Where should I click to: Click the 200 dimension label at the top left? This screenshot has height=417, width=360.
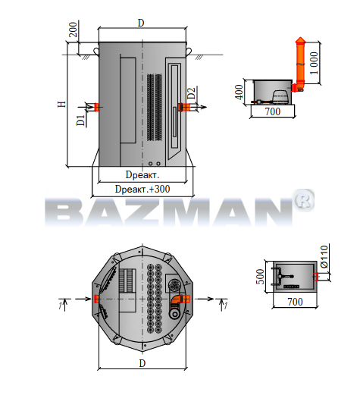coord(73,30)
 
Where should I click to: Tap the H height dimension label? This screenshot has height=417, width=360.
coord(62,104)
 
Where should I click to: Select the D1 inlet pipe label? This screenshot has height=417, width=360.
coord(81,121)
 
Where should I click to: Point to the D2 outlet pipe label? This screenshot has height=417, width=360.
coord(191,92)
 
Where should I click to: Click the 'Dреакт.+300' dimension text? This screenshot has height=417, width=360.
coord(142,189)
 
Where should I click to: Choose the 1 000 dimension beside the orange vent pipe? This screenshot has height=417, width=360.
coord(314,63)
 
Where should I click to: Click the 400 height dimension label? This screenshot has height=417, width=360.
coord(239,92)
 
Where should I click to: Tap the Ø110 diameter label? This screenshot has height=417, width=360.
coord(324,256)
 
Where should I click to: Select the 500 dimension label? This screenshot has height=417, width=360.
coord(261,276)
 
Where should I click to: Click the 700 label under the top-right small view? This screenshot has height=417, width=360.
coord(273,111)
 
